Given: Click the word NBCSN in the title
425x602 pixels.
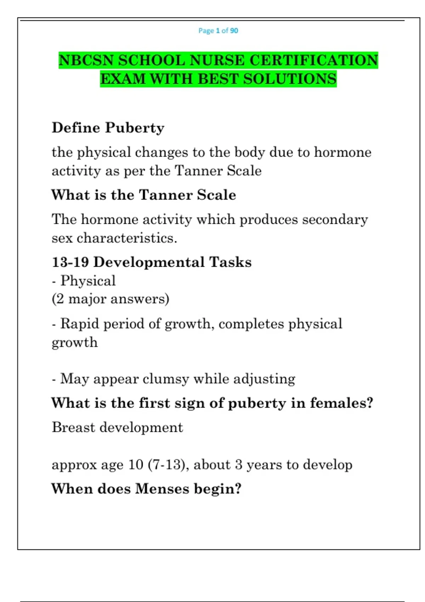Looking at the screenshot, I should (x=86, y=60).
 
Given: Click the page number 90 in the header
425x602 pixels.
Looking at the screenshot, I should (x=234, y=31).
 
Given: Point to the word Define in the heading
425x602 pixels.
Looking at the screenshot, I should (x=76, y=128).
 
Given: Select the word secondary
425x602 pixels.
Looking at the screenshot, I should (x=335, y=220).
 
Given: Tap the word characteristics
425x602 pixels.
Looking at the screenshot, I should (x=127, y=238).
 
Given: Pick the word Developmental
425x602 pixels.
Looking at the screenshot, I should (x=149, y=262).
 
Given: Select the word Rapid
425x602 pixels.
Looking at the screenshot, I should (x=80, y=324).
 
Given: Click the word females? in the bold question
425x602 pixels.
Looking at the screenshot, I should (x=342, y=403).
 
